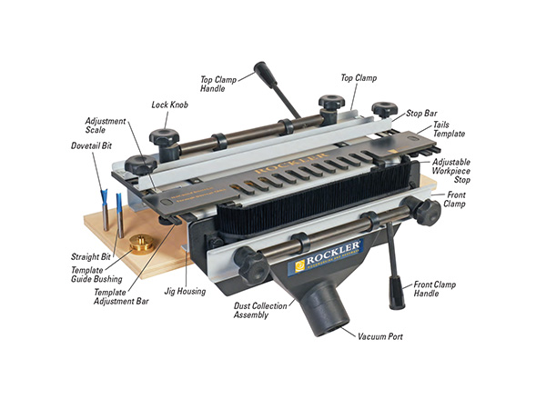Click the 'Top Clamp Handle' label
pyautogui.click(x=218, y=85)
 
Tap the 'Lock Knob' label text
pyautogui.click(x=169, y=105)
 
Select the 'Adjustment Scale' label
pyautogui.click(x=106, y=125)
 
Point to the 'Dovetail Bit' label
pyautogui.click(x=92, y=145)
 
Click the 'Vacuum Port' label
pyautogui.click(x=380, y=336)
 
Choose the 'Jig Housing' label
pyautogui.click(x=185, y=292)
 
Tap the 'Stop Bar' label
pyautogui.click(x=421, y=114)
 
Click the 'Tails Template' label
pyautogui.click(x=449, y=129)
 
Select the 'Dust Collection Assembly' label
pyautogui.click(x=260, y=310)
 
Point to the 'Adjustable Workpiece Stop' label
pyautogui.click(x=451, y=171)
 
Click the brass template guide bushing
pyautogui.click(x=141, y=244)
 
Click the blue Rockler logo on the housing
pyautogui.click(x=327, y=256)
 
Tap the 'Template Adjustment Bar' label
pyautogui.click(x=121, y=297)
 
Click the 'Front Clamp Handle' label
pyautogui.click(x=435, y=289)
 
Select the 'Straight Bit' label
pyautogui.click(x=90, y=257)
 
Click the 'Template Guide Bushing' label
pyautogui.click(x=96, y=274)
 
